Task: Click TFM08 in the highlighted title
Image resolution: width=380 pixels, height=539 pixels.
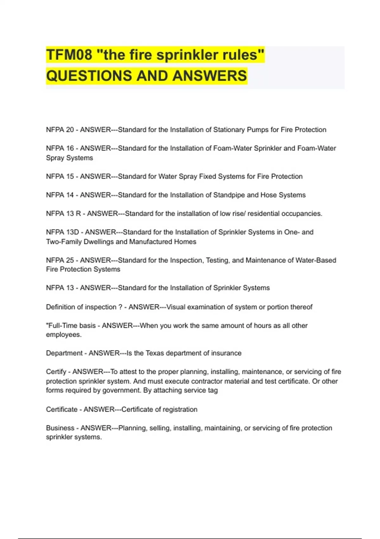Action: (x=69, y=55)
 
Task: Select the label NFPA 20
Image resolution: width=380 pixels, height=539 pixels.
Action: (x=60, y=130)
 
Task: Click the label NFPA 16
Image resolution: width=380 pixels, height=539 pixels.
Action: (x=60, y=148)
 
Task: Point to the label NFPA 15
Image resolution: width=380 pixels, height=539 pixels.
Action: (x=60, y=176)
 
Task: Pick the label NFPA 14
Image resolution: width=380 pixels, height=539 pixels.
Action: (x=60, y=195)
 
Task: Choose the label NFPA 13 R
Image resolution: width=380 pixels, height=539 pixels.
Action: (x=63, y=214)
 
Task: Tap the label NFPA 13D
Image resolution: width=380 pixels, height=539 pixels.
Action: (x=62, y=232)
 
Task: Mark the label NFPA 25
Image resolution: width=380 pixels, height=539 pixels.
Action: (x=60, y=260)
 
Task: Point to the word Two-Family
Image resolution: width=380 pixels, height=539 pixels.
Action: (x=64, y=242)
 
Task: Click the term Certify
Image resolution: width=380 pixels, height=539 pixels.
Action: (x=56, y=372)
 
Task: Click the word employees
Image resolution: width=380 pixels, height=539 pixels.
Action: (x=63, y=335)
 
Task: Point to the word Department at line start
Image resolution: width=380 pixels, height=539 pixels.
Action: (x=64, y=353)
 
